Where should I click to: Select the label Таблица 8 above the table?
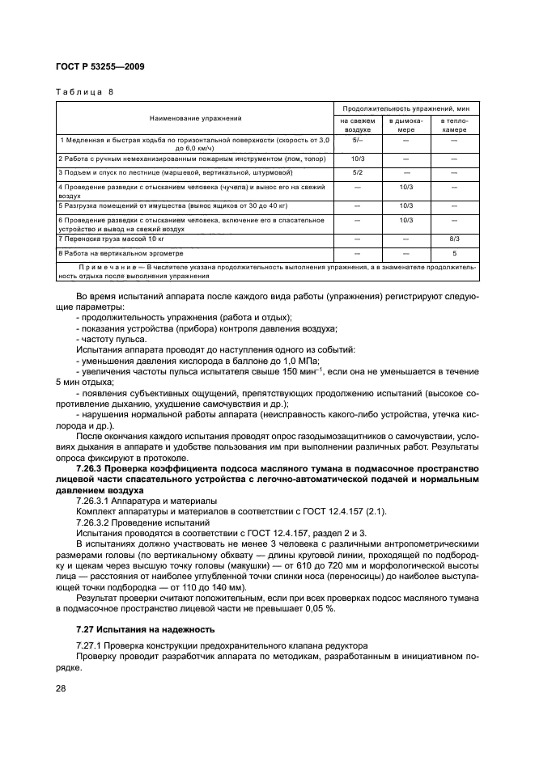[84, 91]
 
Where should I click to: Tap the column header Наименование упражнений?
[195, 119]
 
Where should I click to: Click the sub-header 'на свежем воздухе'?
[357, 125]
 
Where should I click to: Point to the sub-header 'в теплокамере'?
[453, 125]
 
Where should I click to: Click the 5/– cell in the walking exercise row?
[357, 141]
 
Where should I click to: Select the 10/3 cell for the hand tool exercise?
[357, 159]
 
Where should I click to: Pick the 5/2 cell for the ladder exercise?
[357, 172]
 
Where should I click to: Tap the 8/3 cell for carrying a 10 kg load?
[454, 239]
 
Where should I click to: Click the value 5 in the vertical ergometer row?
[454, 253]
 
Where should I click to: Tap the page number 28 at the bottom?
[61, 687]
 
